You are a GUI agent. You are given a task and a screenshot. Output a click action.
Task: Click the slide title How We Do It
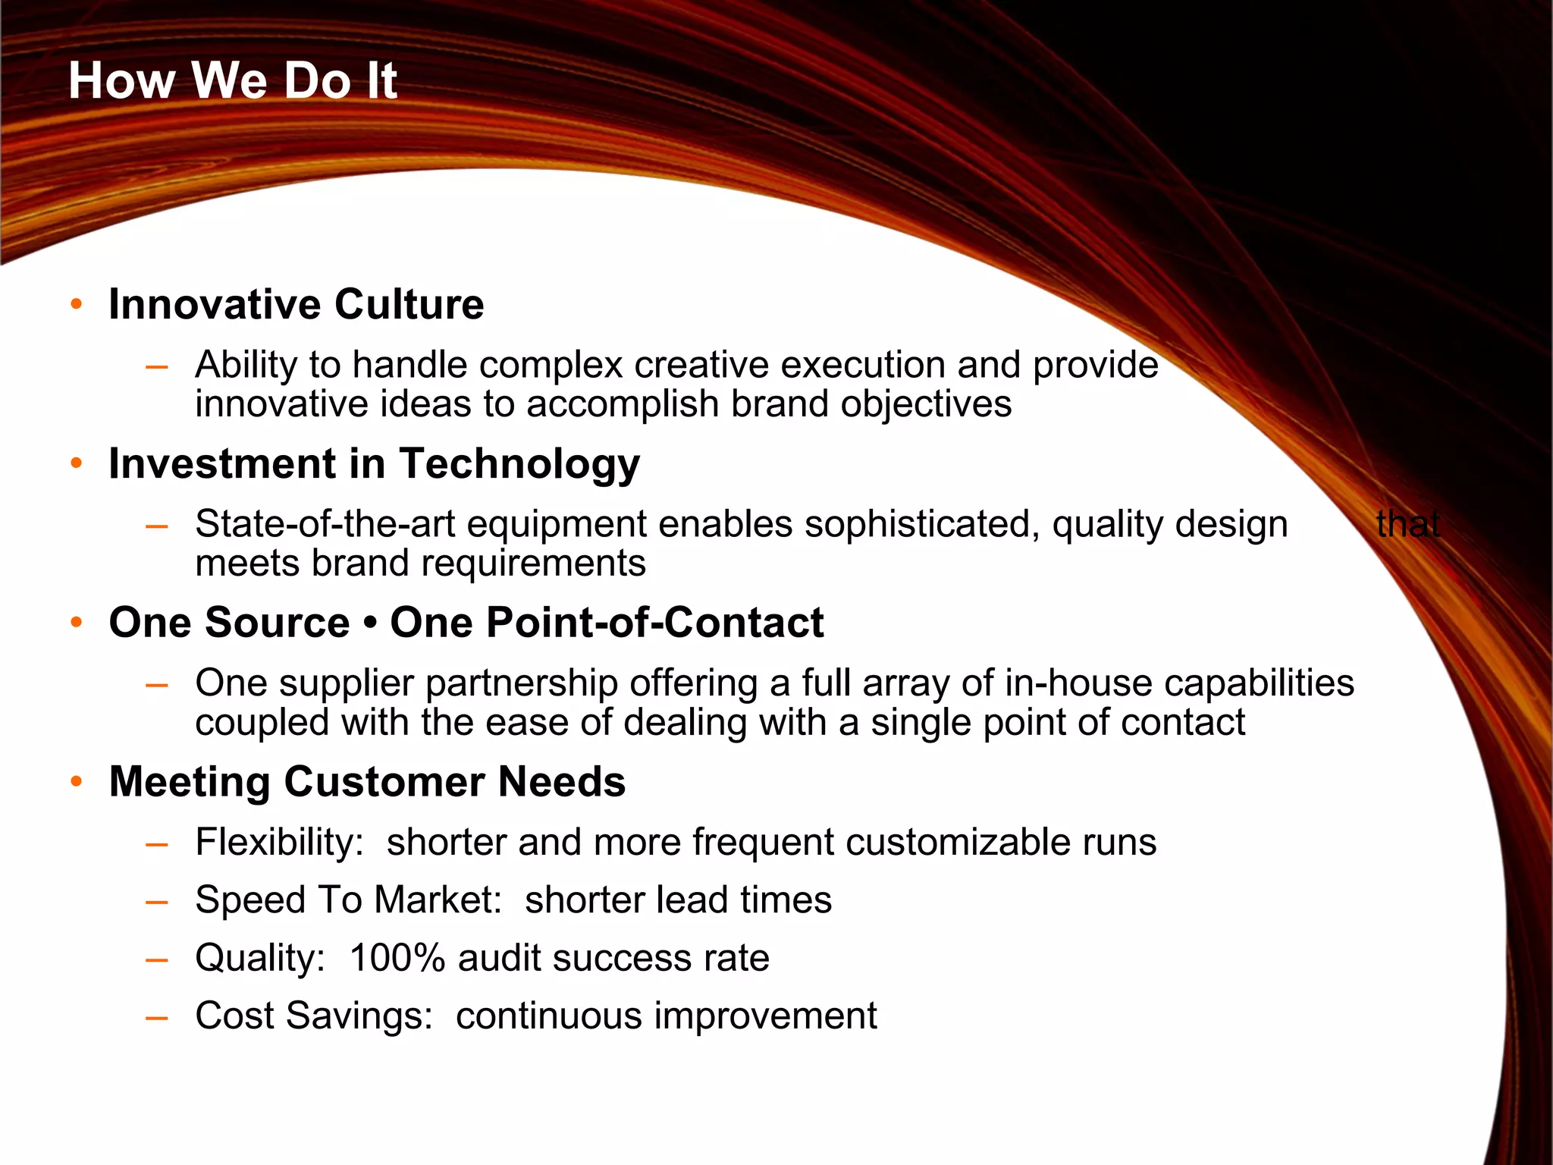(x=232, y=80)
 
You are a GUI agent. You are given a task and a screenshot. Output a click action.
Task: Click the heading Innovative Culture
(x=296, y=304)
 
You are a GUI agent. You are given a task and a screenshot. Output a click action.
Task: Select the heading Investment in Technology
(x=374, y=463)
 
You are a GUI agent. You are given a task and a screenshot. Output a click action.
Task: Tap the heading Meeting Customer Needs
(x=367, y=782)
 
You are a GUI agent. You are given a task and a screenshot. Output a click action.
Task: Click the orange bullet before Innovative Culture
(x=76, y=305)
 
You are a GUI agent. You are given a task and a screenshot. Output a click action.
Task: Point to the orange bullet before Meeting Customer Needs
(x=76, y=782)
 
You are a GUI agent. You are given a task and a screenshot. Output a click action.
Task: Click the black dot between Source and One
(x=370, y=624)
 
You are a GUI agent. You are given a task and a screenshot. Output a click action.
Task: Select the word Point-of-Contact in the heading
(x=654, y=623)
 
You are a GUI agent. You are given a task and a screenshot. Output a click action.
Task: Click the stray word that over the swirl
(x=1407, y=524)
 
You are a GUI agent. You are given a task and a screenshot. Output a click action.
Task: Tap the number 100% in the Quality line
(x=397, y=958)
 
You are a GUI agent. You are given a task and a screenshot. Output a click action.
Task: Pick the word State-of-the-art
(x=325, y=524)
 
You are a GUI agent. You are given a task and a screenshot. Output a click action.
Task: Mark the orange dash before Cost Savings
(x=157, y=1018)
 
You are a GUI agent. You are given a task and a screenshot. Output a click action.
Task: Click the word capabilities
(x=1259, y=683)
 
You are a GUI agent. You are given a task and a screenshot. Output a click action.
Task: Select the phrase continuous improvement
(x=666, y=1016)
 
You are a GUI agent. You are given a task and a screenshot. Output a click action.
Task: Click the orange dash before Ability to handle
(x=157, y=367)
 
